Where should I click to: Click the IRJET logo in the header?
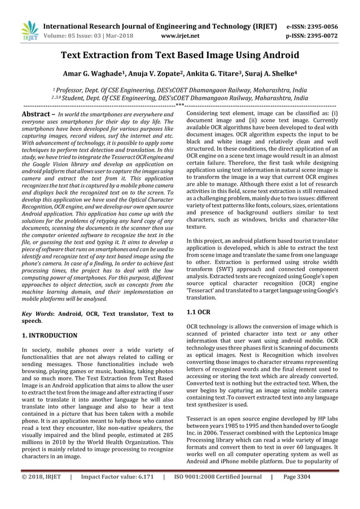click(x=28, y=30)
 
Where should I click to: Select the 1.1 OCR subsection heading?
click(x=197, y=311)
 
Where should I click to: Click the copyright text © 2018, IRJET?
click(x=41, y=492)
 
